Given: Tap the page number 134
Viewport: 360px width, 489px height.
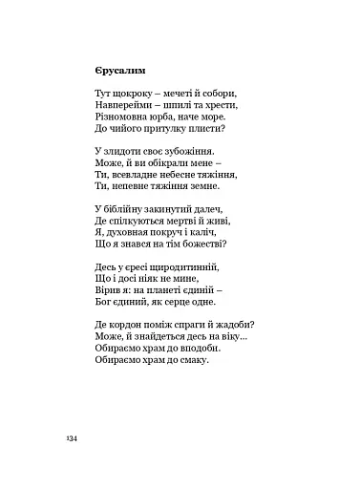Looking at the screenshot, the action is [x=71, y=436].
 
